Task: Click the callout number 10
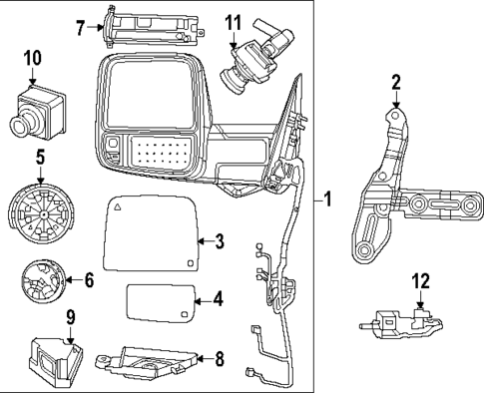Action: [33, 58]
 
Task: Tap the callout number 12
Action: [421, 281]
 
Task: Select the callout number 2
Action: [396, 83]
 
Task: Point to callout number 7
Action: [80, 28]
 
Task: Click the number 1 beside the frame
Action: [327, 199]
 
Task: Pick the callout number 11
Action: [234, 22]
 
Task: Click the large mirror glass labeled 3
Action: [151, 232]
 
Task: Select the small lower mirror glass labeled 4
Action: [160, 303]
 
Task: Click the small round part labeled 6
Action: [42, 281]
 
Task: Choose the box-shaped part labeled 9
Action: [55, 362]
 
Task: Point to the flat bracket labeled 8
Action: [147, 363]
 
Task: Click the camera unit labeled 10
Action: [37, 111]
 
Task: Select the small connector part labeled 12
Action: [401, 323]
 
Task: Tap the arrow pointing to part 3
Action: [206, 241]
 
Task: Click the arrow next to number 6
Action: [74, 279]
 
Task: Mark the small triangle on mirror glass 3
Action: [117, 207]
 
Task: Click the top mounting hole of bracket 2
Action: [395, 116]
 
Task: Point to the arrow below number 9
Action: [70, 335]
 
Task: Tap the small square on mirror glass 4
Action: [185, 314]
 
